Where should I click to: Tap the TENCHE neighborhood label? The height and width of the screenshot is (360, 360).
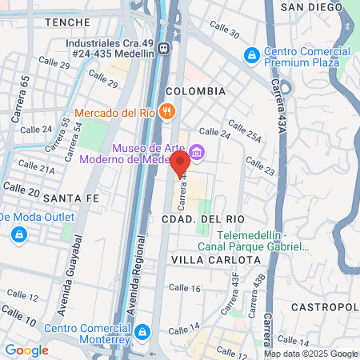click(x=68, y=22)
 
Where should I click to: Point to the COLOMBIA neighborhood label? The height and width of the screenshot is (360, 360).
click(x=195, y=91)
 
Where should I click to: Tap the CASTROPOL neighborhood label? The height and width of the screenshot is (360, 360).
click(x=325, y=307)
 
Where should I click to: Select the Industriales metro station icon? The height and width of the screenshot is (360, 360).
click(x=164, y=47)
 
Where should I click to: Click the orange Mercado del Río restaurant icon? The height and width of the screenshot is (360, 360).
click(x=166, y=111)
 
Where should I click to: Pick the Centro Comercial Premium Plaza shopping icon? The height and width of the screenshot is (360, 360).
click(x=251, y=55)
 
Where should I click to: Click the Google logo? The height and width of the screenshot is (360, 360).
click(x=26, y=350)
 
